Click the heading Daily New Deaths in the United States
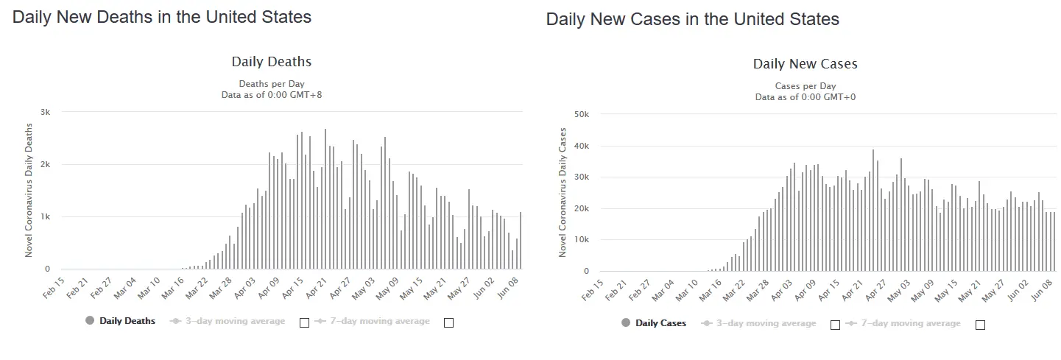coord(162,17)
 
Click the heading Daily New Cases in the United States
coord(692,19)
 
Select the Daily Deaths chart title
coord(272,62)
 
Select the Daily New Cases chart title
coord(805,64)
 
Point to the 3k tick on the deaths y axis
coord(45,112)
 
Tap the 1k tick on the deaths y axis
coord(45,216)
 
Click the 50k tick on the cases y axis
coord(581,114)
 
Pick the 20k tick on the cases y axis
coord(581,208)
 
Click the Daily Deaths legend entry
coord(127,321)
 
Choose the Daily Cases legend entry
coord(660,323)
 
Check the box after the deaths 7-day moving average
coord(448,322)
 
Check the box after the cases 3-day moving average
coord(835,325)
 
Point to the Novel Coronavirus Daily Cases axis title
coord(563,193)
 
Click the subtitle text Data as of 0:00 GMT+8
coord(272,95)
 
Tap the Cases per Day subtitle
coord(805,86)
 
